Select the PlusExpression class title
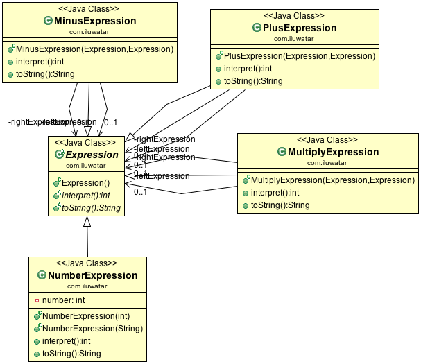coord(299,28)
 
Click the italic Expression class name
coord(92,155)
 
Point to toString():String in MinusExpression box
coord(45,74)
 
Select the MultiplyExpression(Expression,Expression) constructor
coord(332,180)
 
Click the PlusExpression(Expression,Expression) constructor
coord(299,56)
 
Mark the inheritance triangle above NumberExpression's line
coord(87,222)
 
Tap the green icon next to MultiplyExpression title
coord(281,152)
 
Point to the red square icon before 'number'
coord(36,301)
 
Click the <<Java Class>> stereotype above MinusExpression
coord(88,9)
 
